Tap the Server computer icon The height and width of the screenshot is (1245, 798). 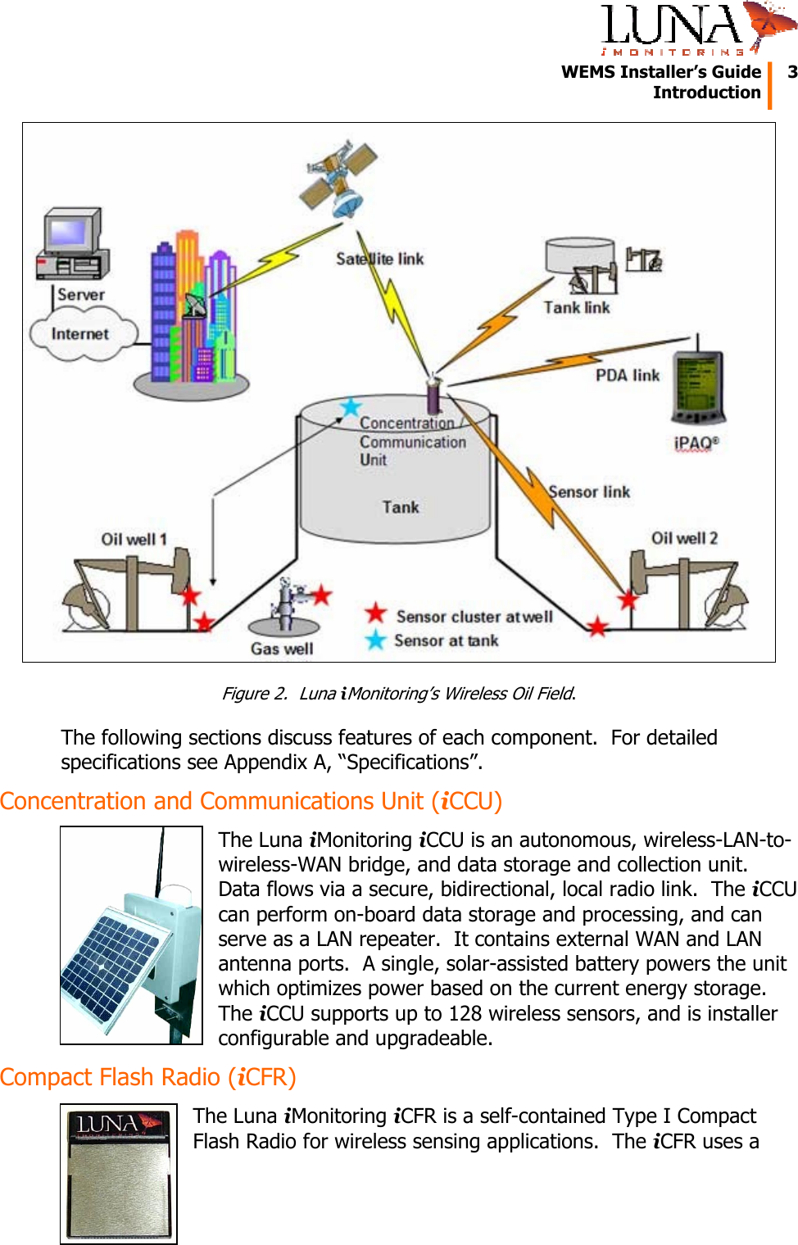pyautogui.click(x=72, y=245)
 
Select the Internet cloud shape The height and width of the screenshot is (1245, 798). pyautogui.click(x=80, y=334)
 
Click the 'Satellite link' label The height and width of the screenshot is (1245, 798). pyautogui.click(x=380, y=260)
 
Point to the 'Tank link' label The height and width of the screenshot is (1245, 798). pyautogui.click(x=577, y=308)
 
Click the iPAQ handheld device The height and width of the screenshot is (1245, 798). pyautogui.click(x=697, y=385)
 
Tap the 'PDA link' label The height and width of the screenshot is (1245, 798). pyautogui.click(x=628, y=375)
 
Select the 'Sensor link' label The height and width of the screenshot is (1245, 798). pyautogui.click(x=589, y=492)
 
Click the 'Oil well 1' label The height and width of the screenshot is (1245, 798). pyautogui.click(x=134, y=540)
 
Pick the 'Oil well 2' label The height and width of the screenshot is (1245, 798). pyautogui.click(x=684, y=539)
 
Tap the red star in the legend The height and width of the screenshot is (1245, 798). pyautogui.click(x=376, y=613)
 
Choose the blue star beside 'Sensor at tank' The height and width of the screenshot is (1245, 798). pyautogui.click(x=376, y=640)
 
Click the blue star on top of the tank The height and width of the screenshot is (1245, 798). pyautogui.click(x=351, y=407)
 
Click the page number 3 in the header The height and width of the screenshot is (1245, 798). pyautogui.click(x=791, y=72)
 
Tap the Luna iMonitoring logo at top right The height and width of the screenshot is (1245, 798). pyautogui.click(x=696, y=29)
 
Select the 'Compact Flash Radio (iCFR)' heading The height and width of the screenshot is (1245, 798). pyautogui.click(x=148, y=1077)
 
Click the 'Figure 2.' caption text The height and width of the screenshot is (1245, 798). pyautogui.click(x=255, y=694)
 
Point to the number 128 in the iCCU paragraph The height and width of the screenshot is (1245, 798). pyautogui.click(x=465, y=1014)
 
